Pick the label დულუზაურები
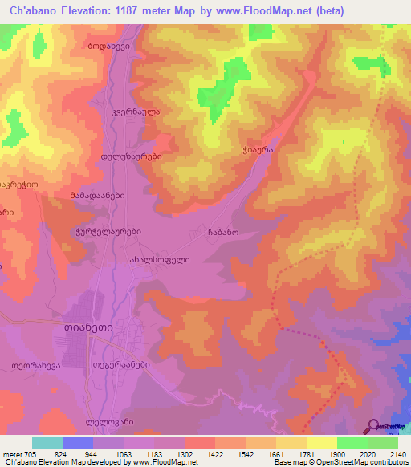[x=132, y=157]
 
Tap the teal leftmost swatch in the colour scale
[x=47, y=442]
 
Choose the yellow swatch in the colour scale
[x=321, y=442]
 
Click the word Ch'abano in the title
[x=36, y=11]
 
